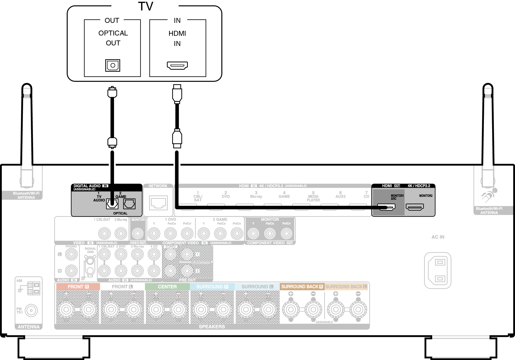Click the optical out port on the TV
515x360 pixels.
click(x=113, y=66)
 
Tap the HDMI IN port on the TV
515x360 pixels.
click(x=177, y=66)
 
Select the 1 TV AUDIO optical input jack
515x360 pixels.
click(x=112, y=204)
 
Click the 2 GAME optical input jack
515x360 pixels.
click(x=129, y=204)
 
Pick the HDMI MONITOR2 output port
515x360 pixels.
click(x=415, y=207)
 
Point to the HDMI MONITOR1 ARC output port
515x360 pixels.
click(x=386, y=207)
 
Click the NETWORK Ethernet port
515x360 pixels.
click(x=158, y=203)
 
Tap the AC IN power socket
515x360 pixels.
click(x=438, y=270)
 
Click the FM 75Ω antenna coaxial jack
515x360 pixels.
click(x=31, y=310)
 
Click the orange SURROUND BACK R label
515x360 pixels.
click(x=302, y=287)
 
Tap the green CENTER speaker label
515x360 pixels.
click(x=167, y=287)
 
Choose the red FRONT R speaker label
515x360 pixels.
click(x=78, y=287)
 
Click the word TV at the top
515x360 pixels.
click(x=145, y=6)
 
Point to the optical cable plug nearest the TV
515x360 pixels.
click(x=112, y=92)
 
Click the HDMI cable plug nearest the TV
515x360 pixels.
click(x=177, y=94)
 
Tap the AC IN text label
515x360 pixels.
click(x=438, y=237)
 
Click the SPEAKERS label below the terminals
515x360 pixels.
click(x=212, y=327)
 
